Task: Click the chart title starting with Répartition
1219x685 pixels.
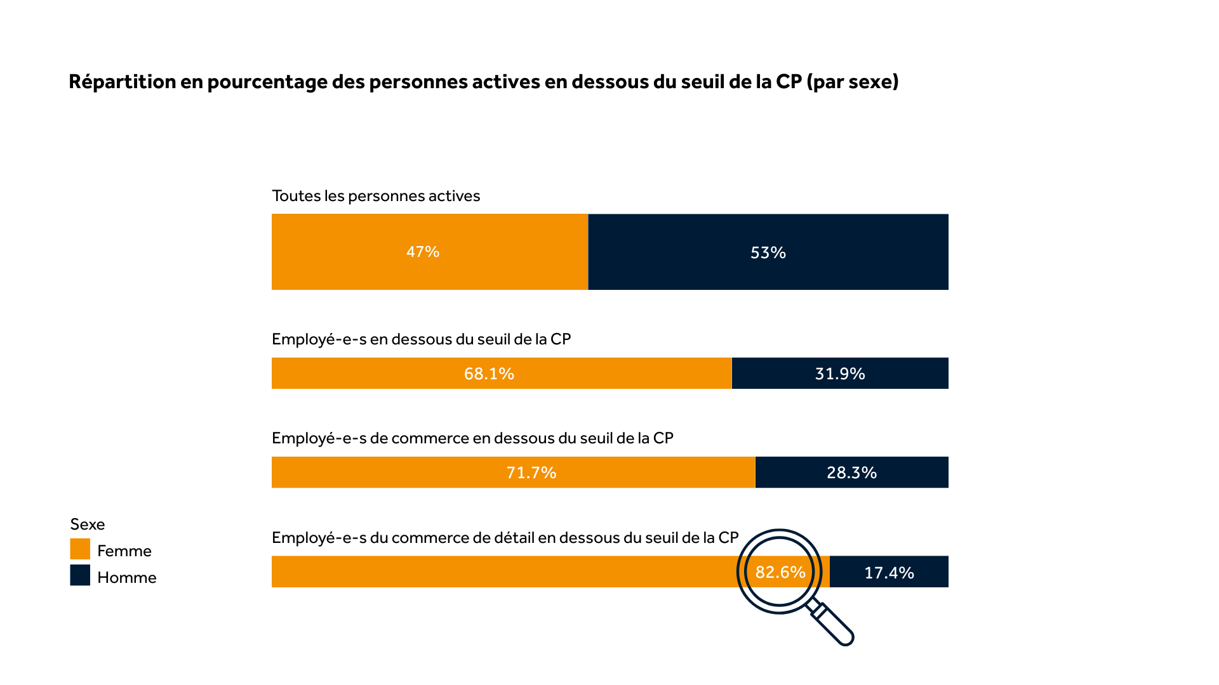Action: [483, 82]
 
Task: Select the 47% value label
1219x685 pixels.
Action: [423, 252]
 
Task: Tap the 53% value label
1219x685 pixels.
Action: [768, 253]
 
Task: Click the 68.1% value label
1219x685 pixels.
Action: [489, 374]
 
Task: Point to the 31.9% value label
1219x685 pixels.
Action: [840, 374]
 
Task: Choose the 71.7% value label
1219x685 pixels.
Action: [531, 473]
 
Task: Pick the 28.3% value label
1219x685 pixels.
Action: [851, 473]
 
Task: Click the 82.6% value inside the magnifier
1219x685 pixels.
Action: [780, 572]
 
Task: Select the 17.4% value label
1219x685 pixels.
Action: [889, 573]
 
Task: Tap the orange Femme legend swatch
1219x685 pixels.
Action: [80, 549]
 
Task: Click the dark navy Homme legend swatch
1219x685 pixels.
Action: [80, 575]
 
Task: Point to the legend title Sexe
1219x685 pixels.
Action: [88, 525]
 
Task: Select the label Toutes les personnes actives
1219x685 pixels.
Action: [376, 196]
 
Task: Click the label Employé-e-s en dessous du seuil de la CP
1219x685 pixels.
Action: [421, 339]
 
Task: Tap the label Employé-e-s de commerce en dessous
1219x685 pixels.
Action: [472, 438]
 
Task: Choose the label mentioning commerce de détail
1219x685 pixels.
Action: [505, 538]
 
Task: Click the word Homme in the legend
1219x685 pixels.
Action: [127, 578]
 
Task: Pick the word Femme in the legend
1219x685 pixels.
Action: [124, 551]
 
